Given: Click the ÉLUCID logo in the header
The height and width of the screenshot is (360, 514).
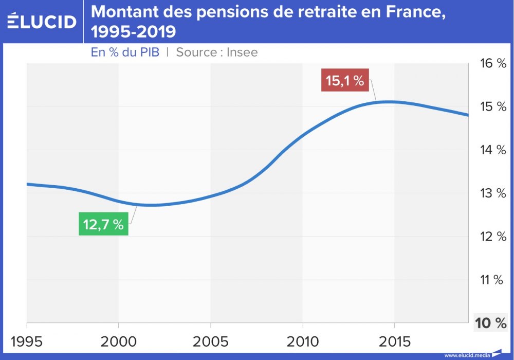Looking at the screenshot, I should tap(42, 21).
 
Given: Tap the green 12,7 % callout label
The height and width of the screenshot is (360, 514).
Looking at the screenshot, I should tap(103, 225).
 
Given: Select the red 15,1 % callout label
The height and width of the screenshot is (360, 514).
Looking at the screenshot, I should tap(345, 81).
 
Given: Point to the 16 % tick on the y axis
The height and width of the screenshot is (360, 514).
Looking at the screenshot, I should tap(493, 63).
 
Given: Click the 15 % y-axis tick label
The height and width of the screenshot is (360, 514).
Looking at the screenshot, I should tap(493, 106).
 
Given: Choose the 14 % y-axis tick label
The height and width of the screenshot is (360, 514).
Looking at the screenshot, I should tap(493, 150).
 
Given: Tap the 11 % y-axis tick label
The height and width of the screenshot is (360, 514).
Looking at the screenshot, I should tap(491, 280).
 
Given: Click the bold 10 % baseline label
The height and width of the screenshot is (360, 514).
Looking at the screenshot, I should tap(491, 323).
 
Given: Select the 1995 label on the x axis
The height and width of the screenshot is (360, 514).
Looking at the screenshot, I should tap(26, 341).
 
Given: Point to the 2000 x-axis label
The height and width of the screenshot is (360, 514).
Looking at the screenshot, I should tap(118, 341).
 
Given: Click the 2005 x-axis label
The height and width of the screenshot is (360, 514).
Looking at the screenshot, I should tap(210, 341).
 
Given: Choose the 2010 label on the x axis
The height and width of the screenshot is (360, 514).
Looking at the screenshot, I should tap(302, 341).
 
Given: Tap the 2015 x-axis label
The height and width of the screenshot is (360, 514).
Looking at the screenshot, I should tap(394, 341).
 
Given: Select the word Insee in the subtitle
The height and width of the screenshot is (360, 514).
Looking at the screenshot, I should tap(243, 52).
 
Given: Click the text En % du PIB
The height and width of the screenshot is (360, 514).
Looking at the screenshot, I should tap(125, 52).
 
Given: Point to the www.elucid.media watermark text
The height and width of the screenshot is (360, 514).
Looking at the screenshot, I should tap(467, 355).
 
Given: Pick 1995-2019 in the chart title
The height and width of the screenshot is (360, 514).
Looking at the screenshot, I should tap(134, 32).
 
